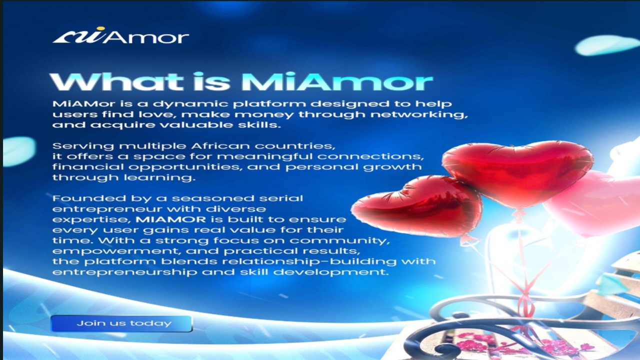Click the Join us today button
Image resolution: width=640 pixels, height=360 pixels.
(x=121, y=323)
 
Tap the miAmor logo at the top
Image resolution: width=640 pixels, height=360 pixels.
(x=120, y=35)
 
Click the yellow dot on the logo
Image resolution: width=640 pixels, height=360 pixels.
(x=100, y=28)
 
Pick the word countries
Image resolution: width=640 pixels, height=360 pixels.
(x=295, y=146)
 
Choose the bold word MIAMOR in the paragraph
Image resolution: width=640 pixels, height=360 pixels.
(x=170, y=219)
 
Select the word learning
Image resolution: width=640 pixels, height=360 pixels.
(x=159, y=177)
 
